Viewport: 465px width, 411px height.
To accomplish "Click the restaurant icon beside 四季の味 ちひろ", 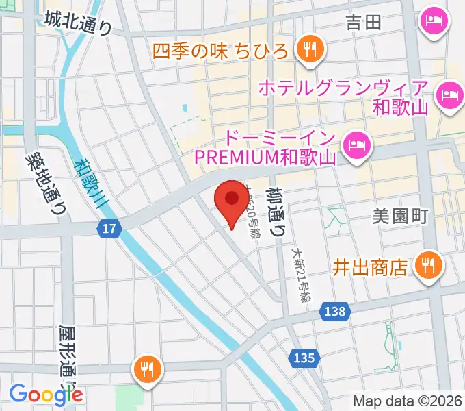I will [310, 49].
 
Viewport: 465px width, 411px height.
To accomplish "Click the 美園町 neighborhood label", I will [400, 217].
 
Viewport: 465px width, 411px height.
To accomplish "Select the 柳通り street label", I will [277, 212].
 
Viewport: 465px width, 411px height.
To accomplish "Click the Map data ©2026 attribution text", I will [407, 401].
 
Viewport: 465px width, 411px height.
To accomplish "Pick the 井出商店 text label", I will [373, 266].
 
